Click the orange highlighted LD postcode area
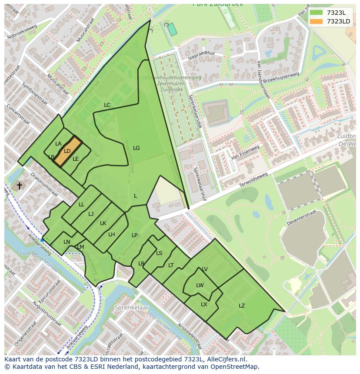[67, 151]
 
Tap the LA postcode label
[58, 144]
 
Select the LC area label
[107, 105]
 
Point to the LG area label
[136, 148]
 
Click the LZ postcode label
[242, 306]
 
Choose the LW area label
[200, 285]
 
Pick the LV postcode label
[205, 269]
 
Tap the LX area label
[204, 304]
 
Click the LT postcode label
[171, 265]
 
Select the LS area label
[159, 253]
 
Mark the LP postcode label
[135, 235]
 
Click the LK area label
[103, 223]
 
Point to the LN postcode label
[67, 242]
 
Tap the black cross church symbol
[19, 186]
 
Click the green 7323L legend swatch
[317, 13]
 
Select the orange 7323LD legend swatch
[317, 21]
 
